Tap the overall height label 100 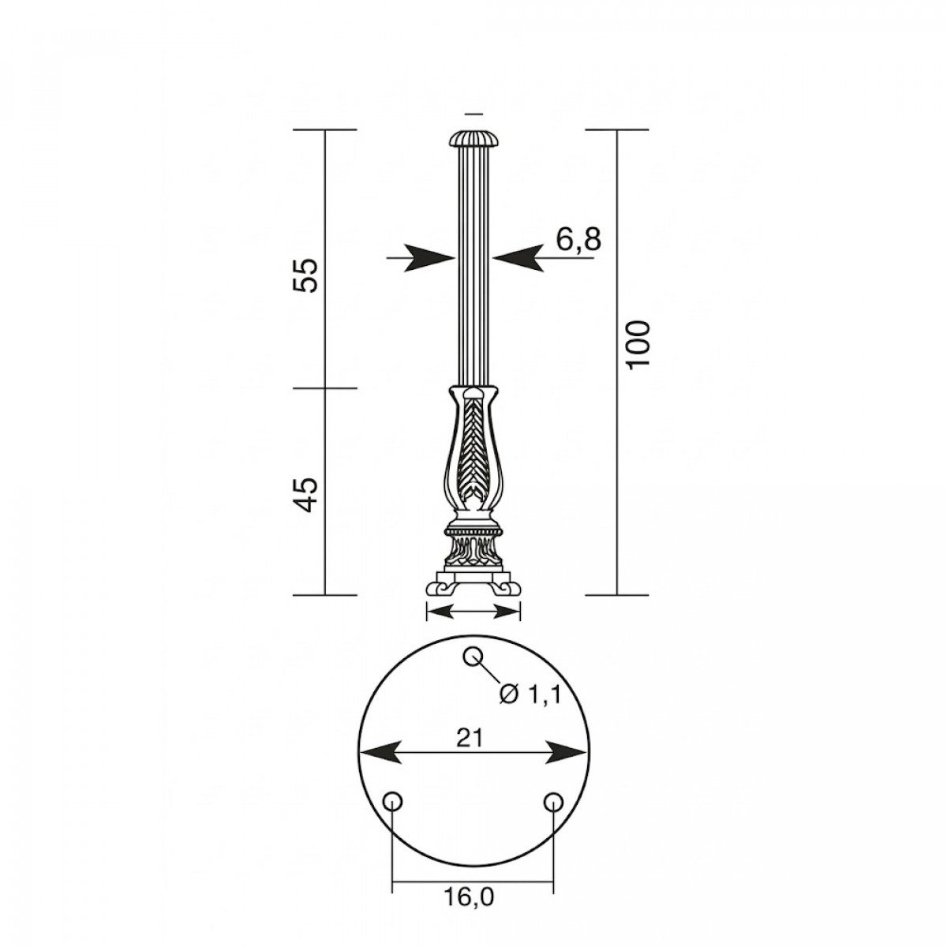point(638,343)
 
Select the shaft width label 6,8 point(578,238)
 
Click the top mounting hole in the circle point(473,656)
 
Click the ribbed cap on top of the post point(473,140)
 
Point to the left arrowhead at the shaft point(430,257)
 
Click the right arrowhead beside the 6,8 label point(518,257)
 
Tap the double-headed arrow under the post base point(473,610)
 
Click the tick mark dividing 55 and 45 point(326,387)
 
